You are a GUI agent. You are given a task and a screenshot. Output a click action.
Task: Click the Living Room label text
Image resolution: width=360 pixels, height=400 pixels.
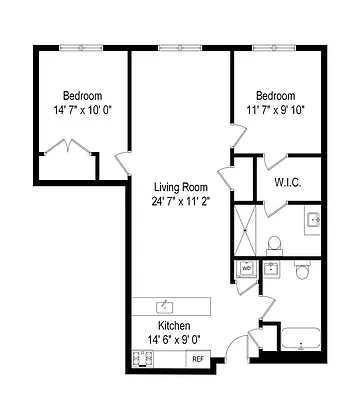pyautogui.click(x=180, y=187)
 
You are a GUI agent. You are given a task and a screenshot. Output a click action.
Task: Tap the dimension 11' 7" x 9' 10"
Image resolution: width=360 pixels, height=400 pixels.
pyautogui.click(x=275, y=110)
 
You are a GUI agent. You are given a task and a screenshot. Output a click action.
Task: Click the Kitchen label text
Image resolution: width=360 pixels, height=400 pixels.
pyautogui.click(x=175, y=326)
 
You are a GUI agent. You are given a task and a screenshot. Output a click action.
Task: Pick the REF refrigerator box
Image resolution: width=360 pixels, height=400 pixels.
pyautogui.click(x=197, y=358)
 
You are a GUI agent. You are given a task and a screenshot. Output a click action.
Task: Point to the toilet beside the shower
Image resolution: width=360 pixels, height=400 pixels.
pyautogui.click(x=274, y=241)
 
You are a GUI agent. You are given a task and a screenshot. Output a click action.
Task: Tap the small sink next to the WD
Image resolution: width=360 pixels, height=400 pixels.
pyautogui.click(x=271, y=268)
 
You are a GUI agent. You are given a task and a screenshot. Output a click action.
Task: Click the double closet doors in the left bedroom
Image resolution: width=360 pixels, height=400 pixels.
pyautogui.click(x=65, y=151)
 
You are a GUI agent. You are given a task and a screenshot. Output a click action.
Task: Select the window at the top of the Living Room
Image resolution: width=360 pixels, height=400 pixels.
pyautogui.click(x=176, y=46)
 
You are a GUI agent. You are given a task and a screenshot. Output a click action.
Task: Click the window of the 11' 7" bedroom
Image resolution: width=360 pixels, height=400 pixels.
pyautogui.click(x=271, y=46)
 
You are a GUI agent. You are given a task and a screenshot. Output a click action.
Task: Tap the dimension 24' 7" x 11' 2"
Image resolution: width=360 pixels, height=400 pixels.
pyautogui.click(x=180, y=202)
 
